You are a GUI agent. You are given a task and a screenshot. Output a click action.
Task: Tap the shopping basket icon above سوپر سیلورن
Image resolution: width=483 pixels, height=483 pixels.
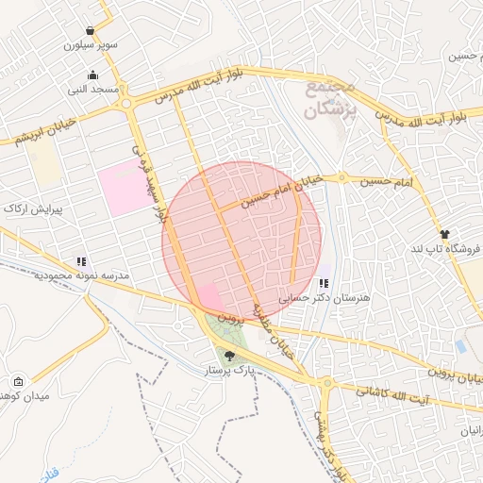[90, 30]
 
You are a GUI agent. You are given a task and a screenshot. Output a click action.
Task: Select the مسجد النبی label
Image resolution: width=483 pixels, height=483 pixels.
[92, 91]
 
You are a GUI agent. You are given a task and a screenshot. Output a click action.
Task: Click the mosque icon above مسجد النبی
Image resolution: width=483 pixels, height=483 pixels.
[92, 76]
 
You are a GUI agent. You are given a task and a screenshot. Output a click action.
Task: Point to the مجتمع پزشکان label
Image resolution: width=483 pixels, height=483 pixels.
[329, 100]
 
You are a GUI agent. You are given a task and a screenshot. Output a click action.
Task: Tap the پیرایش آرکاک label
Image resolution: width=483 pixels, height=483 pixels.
[32, 208]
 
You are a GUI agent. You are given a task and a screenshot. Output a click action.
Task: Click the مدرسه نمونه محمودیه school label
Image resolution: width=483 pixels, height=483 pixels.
[81, 275]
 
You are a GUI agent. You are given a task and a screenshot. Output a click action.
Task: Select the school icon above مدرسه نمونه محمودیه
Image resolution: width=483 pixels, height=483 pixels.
[81, 261]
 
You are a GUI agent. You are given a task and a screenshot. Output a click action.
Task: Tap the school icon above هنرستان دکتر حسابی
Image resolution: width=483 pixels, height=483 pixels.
[324, 283]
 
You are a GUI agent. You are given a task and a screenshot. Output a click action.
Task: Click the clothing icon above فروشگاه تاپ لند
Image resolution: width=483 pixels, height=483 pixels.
[444, 233]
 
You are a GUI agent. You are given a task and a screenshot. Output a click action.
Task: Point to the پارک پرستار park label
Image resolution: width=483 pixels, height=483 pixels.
[231, 372]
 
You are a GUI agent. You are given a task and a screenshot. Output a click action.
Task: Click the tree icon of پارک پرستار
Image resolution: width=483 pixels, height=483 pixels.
[230, 356]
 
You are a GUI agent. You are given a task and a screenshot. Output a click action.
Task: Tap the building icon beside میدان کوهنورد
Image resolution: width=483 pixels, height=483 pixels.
[18, 382]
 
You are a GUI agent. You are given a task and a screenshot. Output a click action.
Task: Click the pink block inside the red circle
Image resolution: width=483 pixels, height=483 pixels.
[209, 297]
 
